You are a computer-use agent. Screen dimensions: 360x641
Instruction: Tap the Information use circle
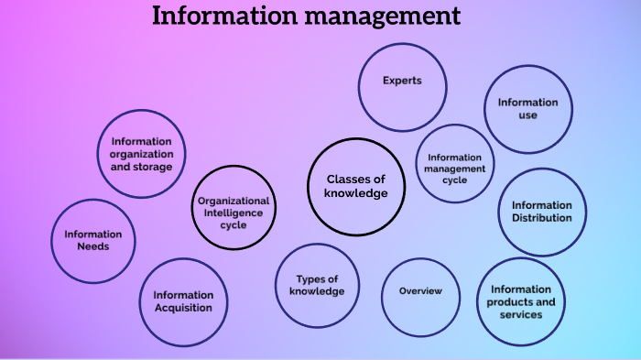coord(527,109)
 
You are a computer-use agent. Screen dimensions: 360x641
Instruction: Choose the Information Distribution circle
coord(541,212)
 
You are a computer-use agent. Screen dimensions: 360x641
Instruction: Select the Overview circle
coord(420,291)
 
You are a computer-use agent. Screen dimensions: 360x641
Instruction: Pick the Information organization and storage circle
coord(141,154)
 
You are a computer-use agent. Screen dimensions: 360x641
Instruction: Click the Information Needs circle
coord(92,241)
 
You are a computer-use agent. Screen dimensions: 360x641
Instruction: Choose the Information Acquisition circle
coord(183,300)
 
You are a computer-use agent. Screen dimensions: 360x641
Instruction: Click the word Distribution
coord(541,218)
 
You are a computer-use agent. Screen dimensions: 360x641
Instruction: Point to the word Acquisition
coord(183,308)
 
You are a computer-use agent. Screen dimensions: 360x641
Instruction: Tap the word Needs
coord(92,247)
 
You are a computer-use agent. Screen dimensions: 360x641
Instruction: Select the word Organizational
coord(234,201)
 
